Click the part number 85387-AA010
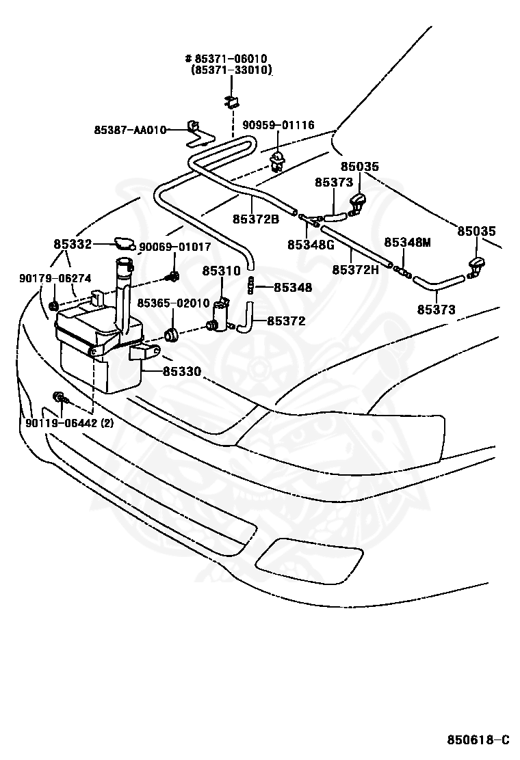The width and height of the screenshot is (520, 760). click(x=130, y=130)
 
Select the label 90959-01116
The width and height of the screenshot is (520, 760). click(x=278, y=125)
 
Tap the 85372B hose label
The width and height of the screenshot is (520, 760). click(x=256, y=219)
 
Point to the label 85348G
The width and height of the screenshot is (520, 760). click(x=311, y=245)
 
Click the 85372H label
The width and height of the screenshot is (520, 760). click(x=356, y=269)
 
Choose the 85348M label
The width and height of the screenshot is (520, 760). click(x=408, y=242)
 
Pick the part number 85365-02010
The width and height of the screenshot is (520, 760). click(x=173, y=303)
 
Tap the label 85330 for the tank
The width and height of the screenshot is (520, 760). click(x=182, y=372)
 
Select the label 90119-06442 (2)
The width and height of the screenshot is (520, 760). click(x=69, y=422)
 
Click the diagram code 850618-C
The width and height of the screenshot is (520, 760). click(x=478, y=739)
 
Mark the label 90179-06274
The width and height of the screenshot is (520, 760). click(x=55, y=278)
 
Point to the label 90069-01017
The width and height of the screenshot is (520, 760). click(x=175, y=247)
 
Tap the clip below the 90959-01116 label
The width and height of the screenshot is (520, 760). click(x=278, y=161)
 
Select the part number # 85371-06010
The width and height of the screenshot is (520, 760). click(x=226, y=59)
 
